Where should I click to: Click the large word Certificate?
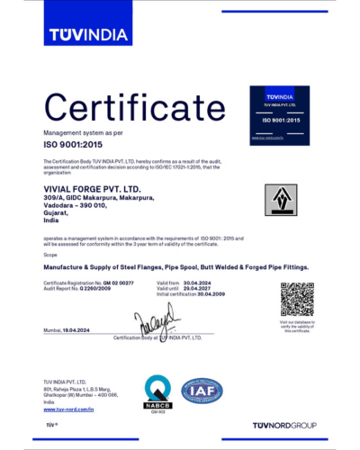click(125, 110)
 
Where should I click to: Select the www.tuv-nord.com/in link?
click(68, 409)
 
